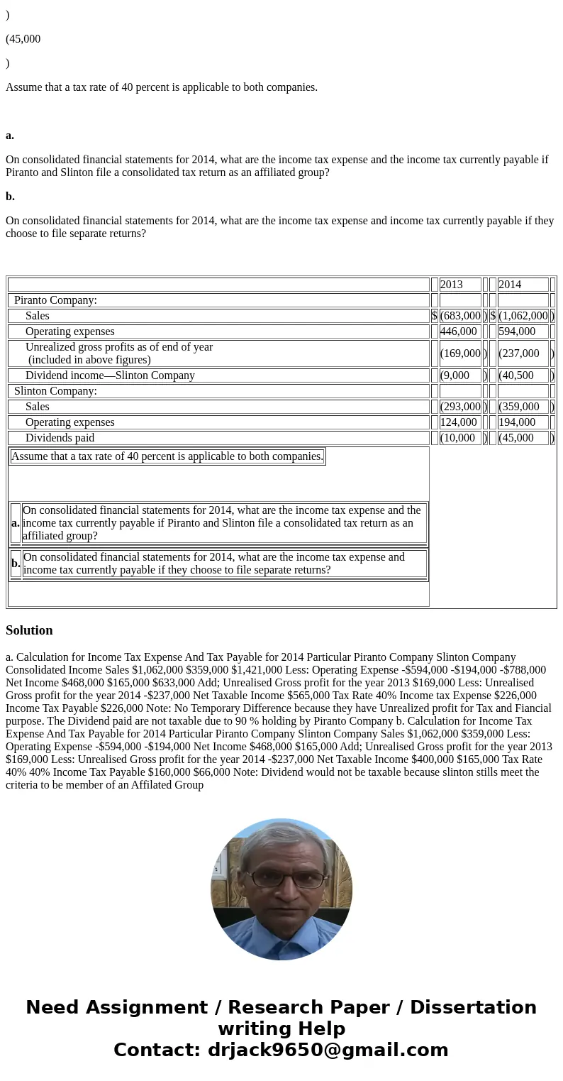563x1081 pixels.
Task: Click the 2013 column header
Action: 452,285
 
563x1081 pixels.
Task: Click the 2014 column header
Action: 510,285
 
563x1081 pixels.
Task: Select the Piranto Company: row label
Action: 55,300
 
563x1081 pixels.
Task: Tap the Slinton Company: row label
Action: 55,391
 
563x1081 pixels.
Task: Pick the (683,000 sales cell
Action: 460,316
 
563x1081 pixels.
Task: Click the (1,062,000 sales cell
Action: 523,316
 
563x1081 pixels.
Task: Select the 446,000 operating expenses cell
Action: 459,331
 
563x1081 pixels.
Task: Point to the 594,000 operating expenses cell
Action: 517,331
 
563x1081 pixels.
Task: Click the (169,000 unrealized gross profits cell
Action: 460,353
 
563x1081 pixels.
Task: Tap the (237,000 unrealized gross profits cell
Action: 519,353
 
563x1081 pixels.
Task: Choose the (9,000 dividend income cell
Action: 455,375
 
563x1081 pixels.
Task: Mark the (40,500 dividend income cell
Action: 516,375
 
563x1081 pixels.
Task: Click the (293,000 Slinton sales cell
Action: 460,407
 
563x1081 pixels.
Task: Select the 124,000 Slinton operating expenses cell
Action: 459,422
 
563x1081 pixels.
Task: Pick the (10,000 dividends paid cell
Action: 458,438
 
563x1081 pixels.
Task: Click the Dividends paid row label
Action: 60,438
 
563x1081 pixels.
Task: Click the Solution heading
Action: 29,630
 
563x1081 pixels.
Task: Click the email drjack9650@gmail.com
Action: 328,1050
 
